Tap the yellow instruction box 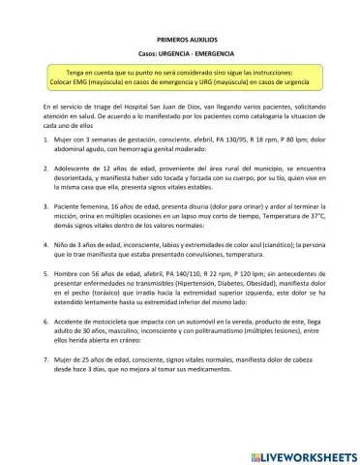180,77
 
